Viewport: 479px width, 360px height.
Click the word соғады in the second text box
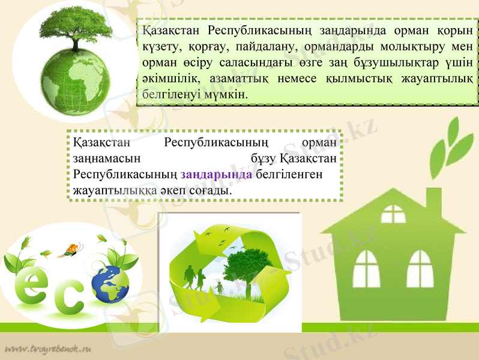[x=210, y=190]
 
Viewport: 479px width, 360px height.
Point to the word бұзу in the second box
[x=264, y=159]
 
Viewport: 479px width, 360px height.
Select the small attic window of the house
[x=393, y=214]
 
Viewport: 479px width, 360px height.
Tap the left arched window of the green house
[x=366, y=264]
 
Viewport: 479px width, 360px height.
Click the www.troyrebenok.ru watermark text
[x=47, y=349]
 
